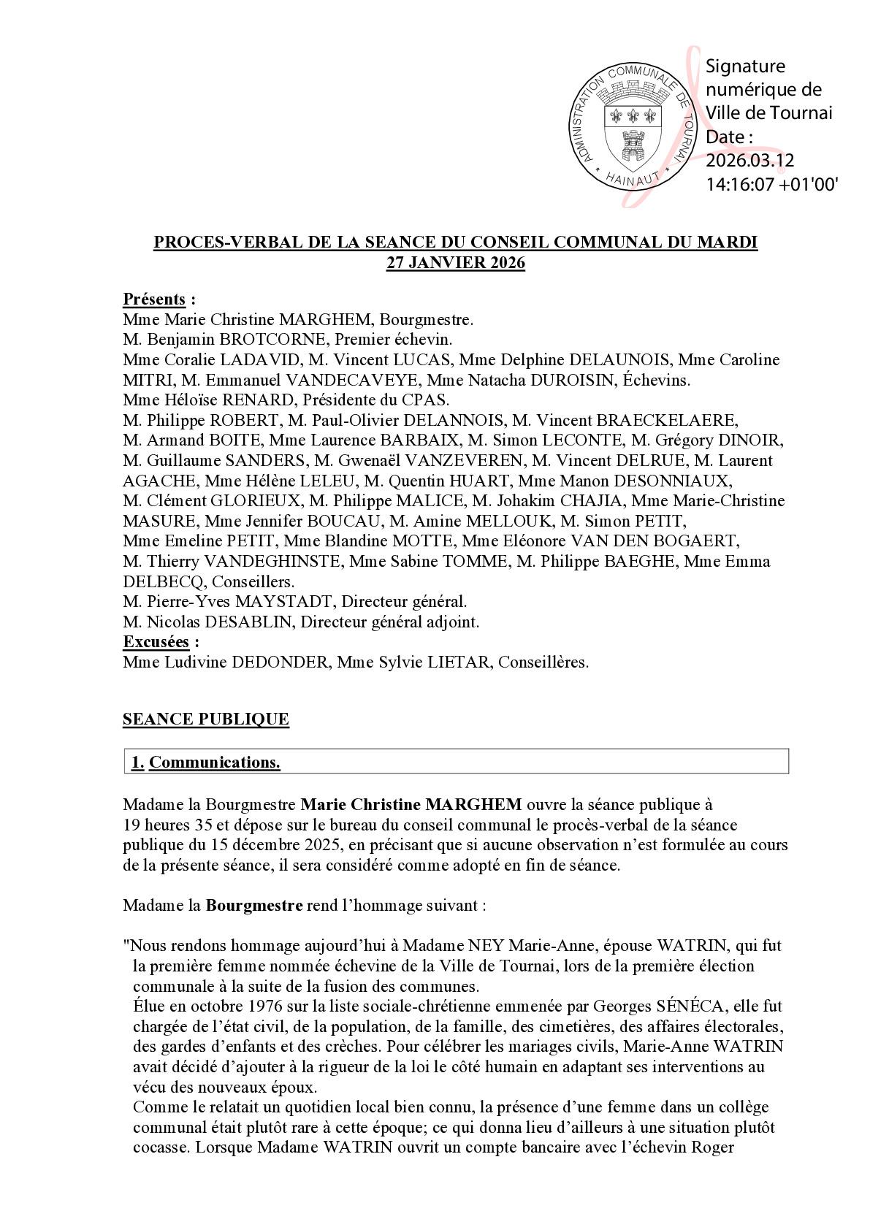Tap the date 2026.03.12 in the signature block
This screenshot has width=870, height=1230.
click(749, 161)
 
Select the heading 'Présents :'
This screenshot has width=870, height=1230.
click(159, 299)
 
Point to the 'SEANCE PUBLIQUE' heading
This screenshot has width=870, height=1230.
click(206, 719)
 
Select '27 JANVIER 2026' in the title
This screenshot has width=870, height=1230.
click(455, 263)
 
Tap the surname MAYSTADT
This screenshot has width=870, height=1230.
click(281, 602)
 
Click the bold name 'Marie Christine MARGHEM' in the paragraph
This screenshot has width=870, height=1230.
click(411, 805)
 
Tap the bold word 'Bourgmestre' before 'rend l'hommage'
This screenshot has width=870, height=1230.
click(254, 906)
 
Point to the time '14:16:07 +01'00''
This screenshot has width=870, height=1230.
click(771, 185)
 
